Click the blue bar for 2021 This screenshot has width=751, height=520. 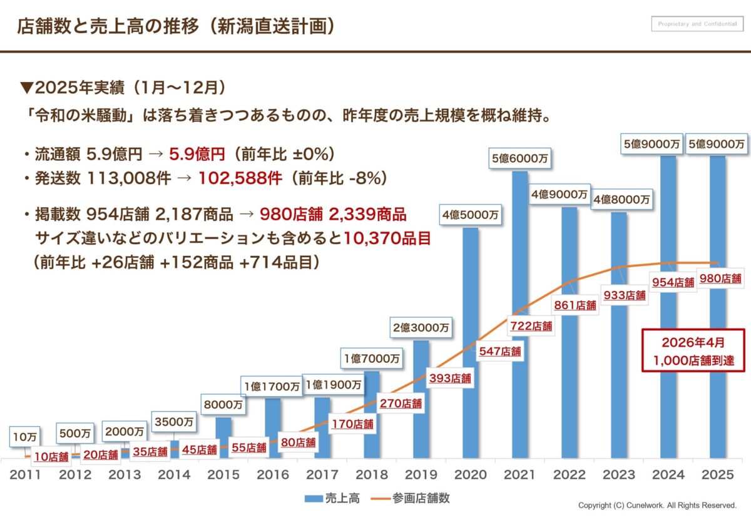[x=520, y=250]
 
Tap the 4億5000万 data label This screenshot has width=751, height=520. [x=471, y=215]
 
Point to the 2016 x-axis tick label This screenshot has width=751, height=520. [x=273, y=474]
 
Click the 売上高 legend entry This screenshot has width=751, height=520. [x=332, y=499]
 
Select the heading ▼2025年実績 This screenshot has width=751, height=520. [x=122, y=86]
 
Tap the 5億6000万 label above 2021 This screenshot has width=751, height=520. [x=520, y=159]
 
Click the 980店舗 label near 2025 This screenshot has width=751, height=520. [x=720, y=279]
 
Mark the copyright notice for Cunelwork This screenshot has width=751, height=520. [x=657, y=505]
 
